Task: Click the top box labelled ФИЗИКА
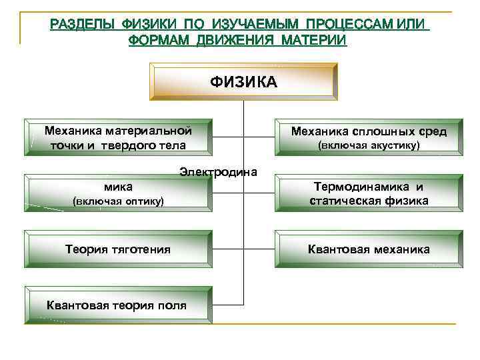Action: tap(243, 81)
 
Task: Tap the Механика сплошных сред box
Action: tap(369, 138)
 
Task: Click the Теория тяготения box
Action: tap(117, 249)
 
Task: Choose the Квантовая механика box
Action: tap(369, 249)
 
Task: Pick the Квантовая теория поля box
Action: tap(117, 306)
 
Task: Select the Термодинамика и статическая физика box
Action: tap(369, 194)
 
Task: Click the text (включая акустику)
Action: tap(369, 145)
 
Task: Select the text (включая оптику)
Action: tap(117, 201)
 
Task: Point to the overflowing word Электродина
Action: tap(218, 172)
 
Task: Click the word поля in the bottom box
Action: tap(173, 306)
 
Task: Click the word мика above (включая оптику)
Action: tap(118, 187)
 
